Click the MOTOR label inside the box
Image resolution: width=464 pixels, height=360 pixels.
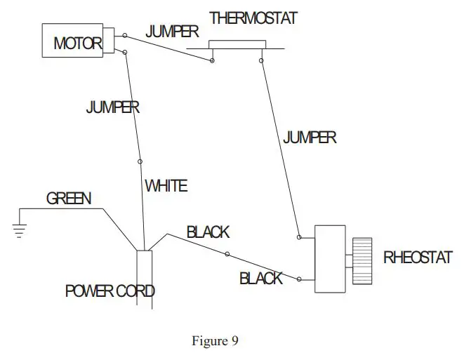pos(77,44)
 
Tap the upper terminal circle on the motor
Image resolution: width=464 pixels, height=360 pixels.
pos(125,35)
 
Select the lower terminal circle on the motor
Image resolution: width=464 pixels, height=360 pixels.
pos(125,51)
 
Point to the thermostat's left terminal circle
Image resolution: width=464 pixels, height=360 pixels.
pos(212,61)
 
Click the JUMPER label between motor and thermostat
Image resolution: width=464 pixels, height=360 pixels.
pos(171,32)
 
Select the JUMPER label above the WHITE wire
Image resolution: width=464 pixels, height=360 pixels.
pos(112,107)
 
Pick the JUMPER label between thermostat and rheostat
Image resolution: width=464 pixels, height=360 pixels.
pos(309,138)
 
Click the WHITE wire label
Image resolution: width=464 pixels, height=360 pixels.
pos(166,186)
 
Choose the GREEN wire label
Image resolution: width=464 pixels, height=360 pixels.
pos(69,199)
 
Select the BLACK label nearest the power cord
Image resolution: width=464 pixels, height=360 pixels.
pos(208,232)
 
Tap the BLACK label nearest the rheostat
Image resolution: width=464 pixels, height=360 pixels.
pos(260,278)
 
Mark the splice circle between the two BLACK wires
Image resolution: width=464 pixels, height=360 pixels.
pos(226,253)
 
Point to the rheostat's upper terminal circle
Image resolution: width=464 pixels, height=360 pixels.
pos(300,237)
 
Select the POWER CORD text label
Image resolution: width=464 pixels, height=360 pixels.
pos(110,291)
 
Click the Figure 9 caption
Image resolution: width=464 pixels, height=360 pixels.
pos(215,341)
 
